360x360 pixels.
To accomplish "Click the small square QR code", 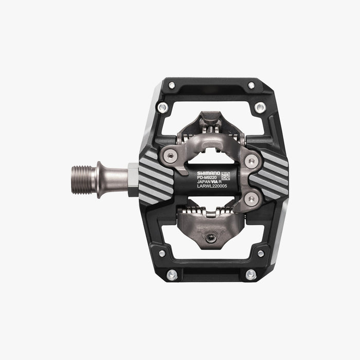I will tap(226, 176).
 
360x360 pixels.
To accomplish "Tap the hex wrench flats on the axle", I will tap(131, 175).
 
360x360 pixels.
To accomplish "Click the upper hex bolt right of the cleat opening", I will tap(251, 161).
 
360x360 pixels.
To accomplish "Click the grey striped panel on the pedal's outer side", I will tap(270, 175).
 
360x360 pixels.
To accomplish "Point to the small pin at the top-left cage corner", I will tap(172, 85).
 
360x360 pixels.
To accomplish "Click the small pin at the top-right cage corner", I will tap(251, 85).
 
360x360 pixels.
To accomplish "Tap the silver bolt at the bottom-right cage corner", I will tap(250, 275).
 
